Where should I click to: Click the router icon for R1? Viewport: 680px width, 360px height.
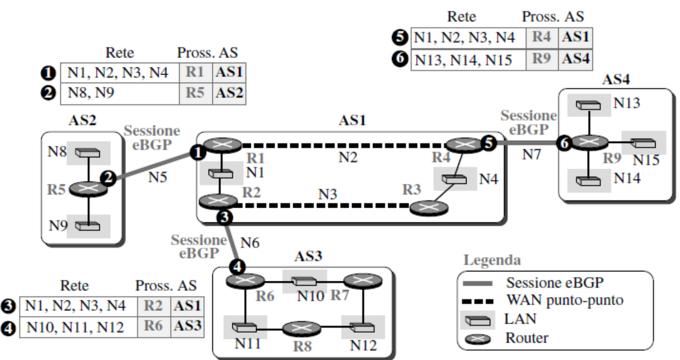223,145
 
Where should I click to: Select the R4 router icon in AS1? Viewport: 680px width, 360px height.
465,145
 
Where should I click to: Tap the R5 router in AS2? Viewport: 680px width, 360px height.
88,189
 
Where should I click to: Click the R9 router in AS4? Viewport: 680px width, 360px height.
589,142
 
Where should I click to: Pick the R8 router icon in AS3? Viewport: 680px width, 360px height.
301,328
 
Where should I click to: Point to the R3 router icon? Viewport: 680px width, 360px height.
429,208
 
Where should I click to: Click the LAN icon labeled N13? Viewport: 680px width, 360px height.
588,105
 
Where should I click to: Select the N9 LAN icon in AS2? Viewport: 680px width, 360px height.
87,226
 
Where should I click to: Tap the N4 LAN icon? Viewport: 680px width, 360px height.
454,179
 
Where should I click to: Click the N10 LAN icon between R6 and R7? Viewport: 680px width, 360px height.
304,281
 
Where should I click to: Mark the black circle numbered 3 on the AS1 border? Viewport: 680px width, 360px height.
224,217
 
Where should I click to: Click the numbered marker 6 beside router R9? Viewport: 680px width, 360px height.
564,143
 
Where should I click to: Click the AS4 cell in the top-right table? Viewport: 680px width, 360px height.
576,60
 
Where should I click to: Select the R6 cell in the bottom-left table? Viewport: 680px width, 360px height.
154,326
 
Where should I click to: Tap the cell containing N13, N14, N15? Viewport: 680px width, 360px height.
469,60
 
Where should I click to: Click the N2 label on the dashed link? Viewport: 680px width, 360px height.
348,157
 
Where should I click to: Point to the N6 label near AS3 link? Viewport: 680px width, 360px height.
250,243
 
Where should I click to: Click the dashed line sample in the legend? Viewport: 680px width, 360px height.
478,301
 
